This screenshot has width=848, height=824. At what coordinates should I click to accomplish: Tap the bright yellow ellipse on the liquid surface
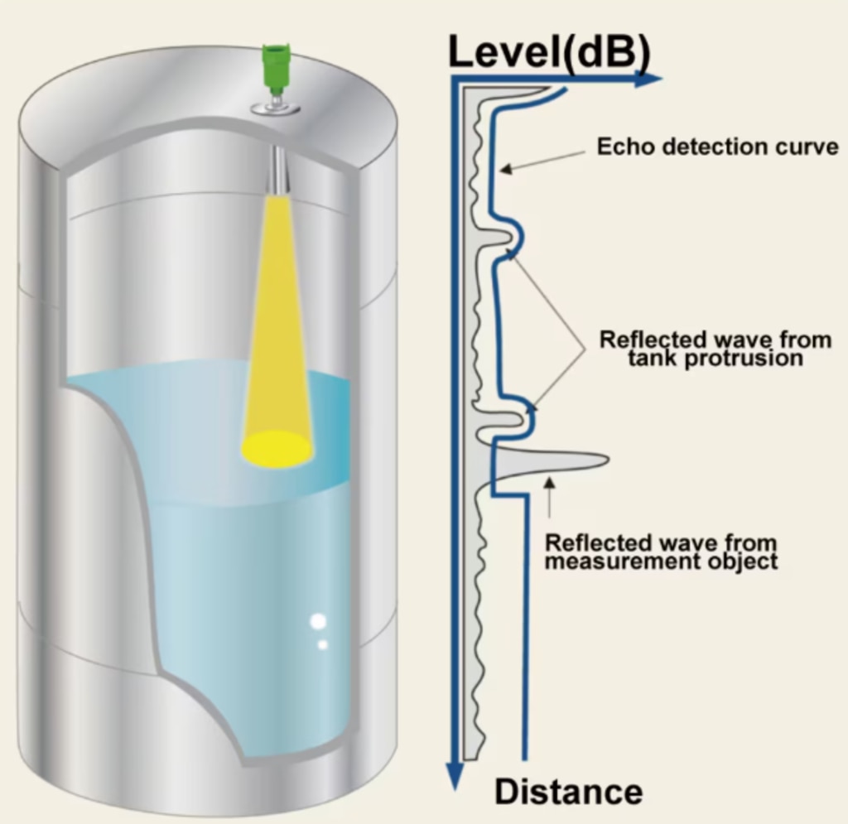click(x=277, y=448)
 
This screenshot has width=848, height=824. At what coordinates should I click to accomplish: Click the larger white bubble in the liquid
click(x=318, y=621)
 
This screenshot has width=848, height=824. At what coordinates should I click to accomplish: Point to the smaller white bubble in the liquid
click(x=323, y=643)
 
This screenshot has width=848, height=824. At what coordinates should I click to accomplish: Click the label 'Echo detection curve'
click(x=717, y=147)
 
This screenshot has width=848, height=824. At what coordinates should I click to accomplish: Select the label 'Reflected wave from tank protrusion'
click(x=715, y=349)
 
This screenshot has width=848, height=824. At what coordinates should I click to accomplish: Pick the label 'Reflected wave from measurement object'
click(x=661, y=552)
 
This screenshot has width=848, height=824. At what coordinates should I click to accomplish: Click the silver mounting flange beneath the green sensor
click(x=274, y=108)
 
